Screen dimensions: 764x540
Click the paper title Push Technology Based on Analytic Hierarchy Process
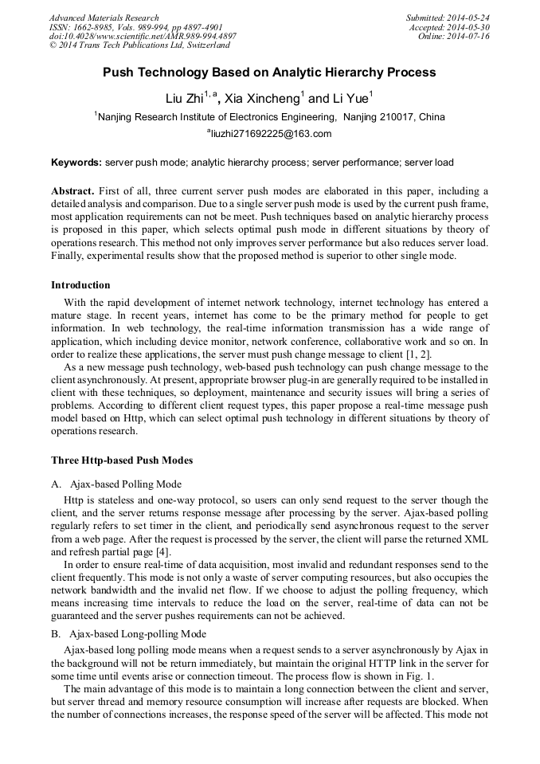click(269, 72)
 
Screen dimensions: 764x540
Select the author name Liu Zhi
click(183, 99)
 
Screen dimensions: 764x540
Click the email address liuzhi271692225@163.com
click(269, 134)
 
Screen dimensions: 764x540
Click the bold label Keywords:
click(76, 163)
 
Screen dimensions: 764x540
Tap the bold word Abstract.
click(72, 192)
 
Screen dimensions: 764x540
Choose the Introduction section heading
click(80, 285)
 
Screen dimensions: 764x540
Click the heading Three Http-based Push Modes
click(122, 460)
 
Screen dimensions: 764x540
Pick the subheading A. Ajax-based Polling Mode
click(116, 484)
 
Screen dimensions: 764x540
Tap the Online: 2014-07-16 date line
click(454, 37)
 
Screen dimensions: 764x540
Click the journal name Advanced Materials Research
click(104, 18)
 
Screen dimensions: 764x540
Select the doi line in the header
click(143, 37)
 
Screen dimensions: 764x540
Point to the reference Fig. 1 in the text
click(422, 675)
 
